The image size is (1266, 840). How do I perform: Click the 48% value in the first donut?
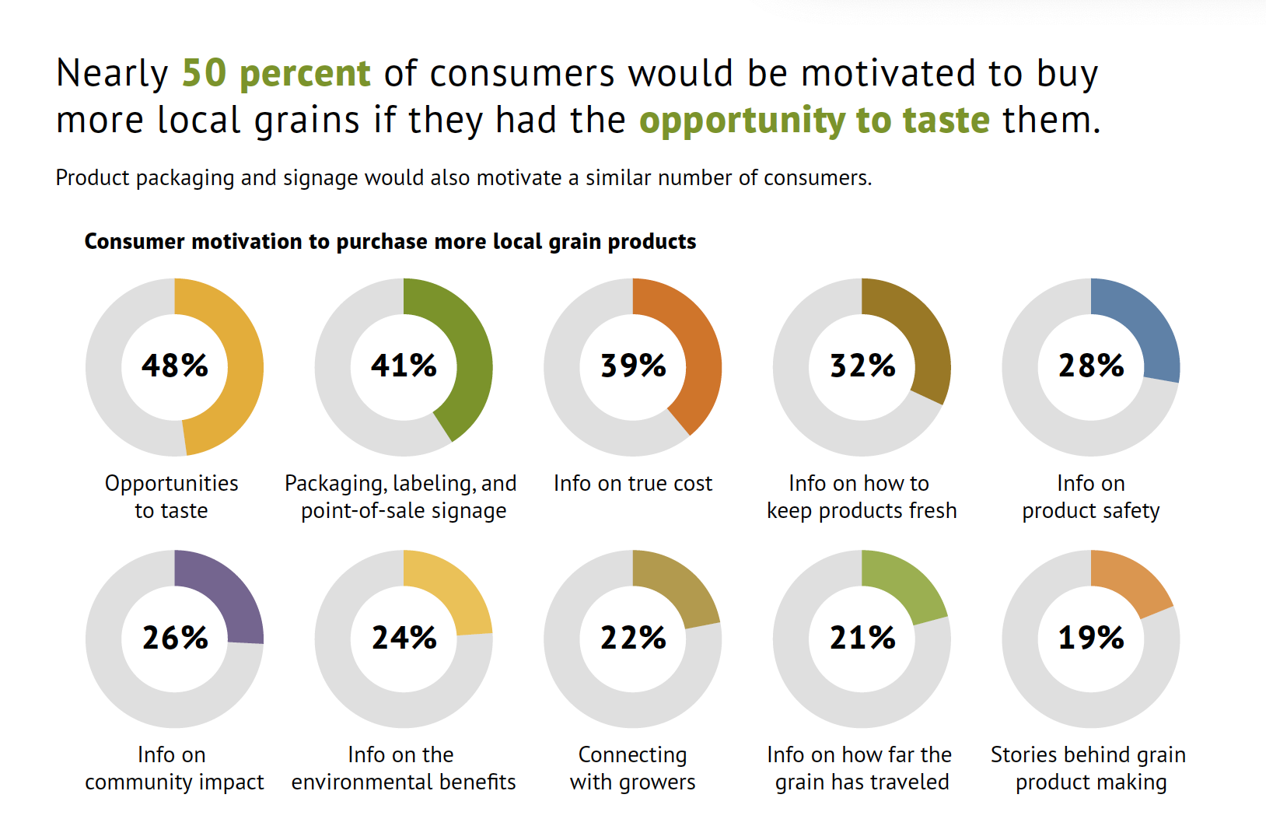pos(175,366)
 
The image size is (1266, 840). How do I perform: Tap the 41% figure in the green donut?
pos(404,366)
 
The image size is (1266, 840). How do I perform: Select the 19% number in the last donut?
pos(1091,638)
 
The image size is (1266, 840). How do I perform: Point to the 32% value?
pos(862,366)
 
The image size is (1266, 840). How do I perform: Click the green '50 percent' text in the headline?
pos(276,73)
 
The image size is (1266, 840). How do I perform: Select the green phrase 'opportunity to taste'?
pos(814,121)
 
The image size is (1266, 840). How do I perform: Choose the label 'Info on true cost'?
pos(633,484)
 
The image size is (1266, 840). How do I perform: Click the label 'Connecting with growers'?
pos(633,768)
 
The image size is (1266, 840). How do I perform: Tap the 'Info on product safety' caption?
pos(1091,497)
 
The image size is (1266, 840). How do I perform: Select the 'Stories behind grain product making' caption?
pos(1089,768)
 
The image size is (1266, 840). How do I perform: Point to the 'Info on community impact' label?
pos(174,768)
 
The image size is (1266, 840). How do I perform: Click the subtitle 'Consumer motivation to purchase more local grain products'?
pos(390,242)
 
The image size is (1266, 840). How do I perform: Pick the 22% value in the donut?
pos(633,638)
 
